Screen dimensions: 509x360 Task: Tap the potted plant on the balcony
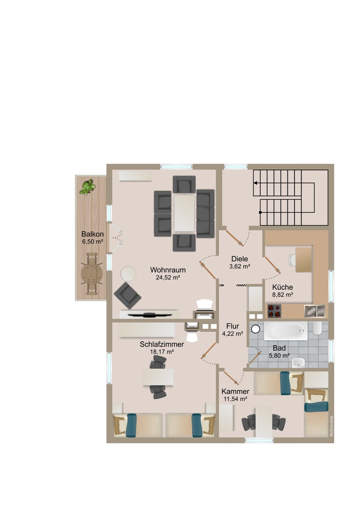click(87, 187)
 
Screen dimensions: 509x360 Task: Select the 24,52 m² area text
click(168, 278)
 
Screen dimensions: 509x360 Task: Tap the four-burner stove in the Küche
click(274, 311)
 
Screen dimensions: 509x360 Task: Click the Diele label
click(239, 259)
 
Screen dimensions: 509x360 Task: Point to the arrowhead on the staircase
click(256, 183)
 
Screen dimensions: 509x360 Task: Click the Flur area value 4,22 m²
click(232, 334)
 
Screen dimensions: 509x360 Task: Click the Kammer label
click(235, 391)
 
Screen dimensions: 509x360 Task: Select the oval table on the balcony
click(93, 274)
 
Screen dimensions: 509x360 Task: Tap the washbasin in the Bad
click(299, 361)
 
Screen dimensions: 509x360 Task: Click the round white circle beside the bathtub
click(255, 329)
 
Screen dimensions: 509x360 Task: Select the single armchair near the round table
click(128, 296)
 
